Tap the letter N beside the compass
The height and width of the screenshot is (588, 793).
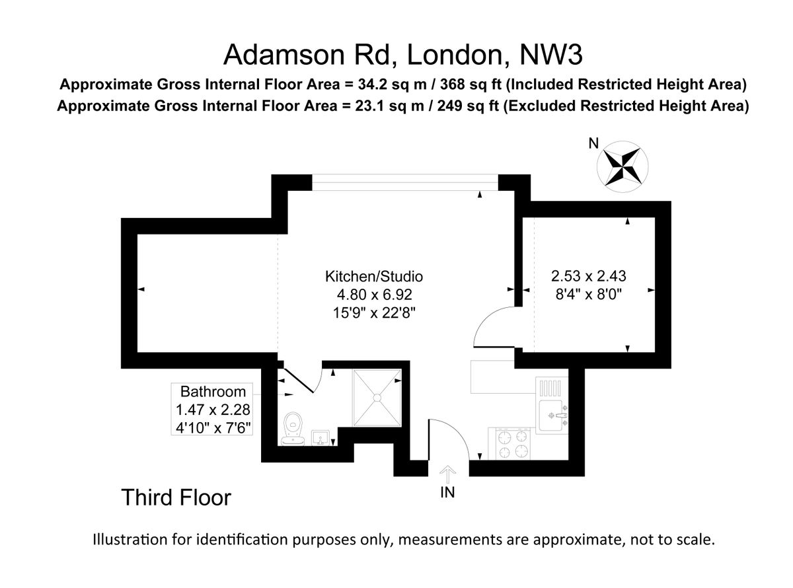(x=593, y=143)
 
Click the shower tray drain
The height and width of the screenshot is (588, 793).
(x=377, y=397)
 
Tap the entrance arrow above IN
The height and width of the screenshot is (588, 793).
(x=448, y=474)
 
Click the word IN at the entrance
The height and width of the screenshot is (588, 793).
(x=447, y=493)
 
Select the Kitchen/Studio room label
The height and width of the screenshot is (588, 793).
(x=373, y=276)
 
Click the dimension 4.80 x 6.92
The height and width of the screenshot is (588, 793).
(x=373, y=294)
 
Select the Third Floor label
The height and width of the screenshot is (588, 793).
(x=176, y=497)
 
